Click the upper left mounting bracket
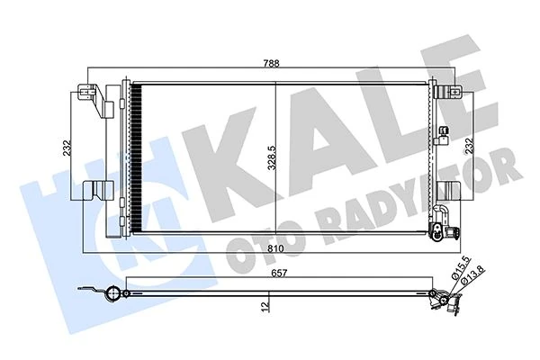tap(93, 96)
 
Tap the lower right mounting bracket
tap(449, 192)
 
